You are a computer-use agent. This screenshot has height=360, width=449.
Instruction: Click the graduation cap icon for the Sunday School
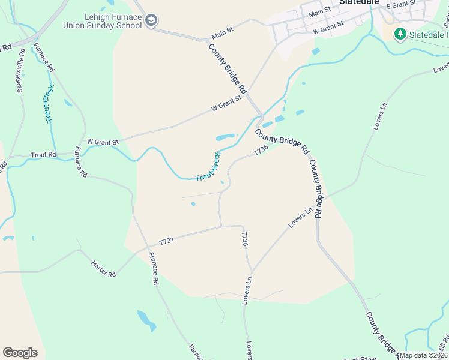pyautogui.click(x=152, y=22)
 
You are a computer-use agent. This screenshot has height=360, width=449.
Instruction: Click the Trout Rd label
pyautogui.click(x=44, y=154)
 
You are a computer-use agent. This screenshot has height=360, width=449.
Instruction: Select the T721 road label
pyautogui.click(x=166, y=241)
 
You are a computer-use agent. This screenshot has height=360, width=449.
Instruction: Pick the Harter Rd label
pyautogui.click(x=103, y=268)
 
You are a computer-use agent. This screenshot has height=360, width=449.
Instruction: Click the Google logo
pyautogui.click(x=20, y=352)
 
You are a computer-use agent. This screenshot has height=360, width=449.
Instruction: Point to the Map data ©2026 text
pyautogui.click(x=423, y=355)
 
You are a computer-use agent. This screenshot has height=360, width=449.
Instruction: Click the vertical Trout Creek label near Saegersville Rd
pyautogui.click(x=49, y=104)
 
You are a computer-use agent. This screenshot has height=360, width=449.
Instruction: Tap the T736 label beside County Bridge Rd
pyautogui.click(x=260, y=151)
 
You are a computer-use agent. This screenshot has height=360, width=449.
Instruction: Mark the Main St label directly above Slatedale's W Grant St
pyautogui.click(x=319, y=13)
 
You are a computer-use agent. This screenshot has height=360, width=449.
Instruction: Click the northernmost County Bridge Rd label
pyautogui.click(x=228, y=68)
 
